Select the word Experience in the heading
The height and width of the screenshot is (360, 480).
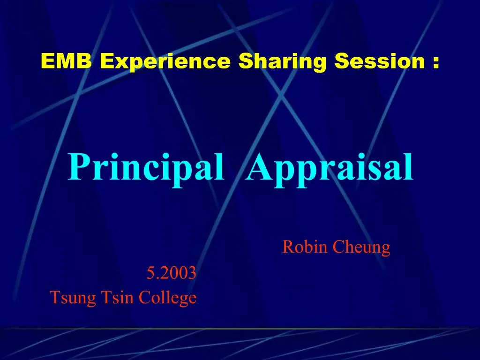[165, 61]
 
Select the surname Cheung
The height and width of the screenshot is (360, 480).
[361, 247]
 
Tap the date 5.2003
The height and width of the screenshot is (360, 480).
[171, 272]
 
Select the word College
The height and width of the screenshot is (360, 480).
[167, 298]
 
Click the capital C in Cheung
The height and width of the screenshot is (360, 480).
[338, 247]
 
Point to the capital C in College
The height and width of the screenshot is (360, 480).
[144, 297]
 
